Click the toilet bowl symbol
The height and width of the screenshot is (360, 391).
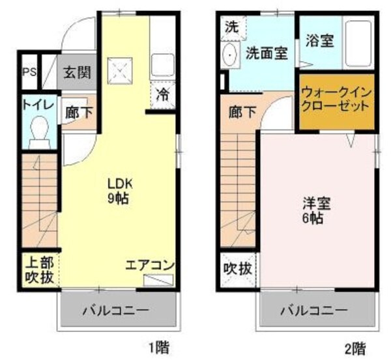coord(40,128)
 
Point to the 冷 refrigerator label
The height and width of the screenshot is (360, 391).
coord(162,94)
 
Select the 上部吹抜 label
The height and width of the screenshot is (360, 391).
coord(39,271)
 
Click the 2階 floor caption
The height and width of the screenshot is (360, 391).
coord(355,346)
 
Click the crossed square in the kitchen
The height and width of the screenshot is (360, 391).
coord(121,66)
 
